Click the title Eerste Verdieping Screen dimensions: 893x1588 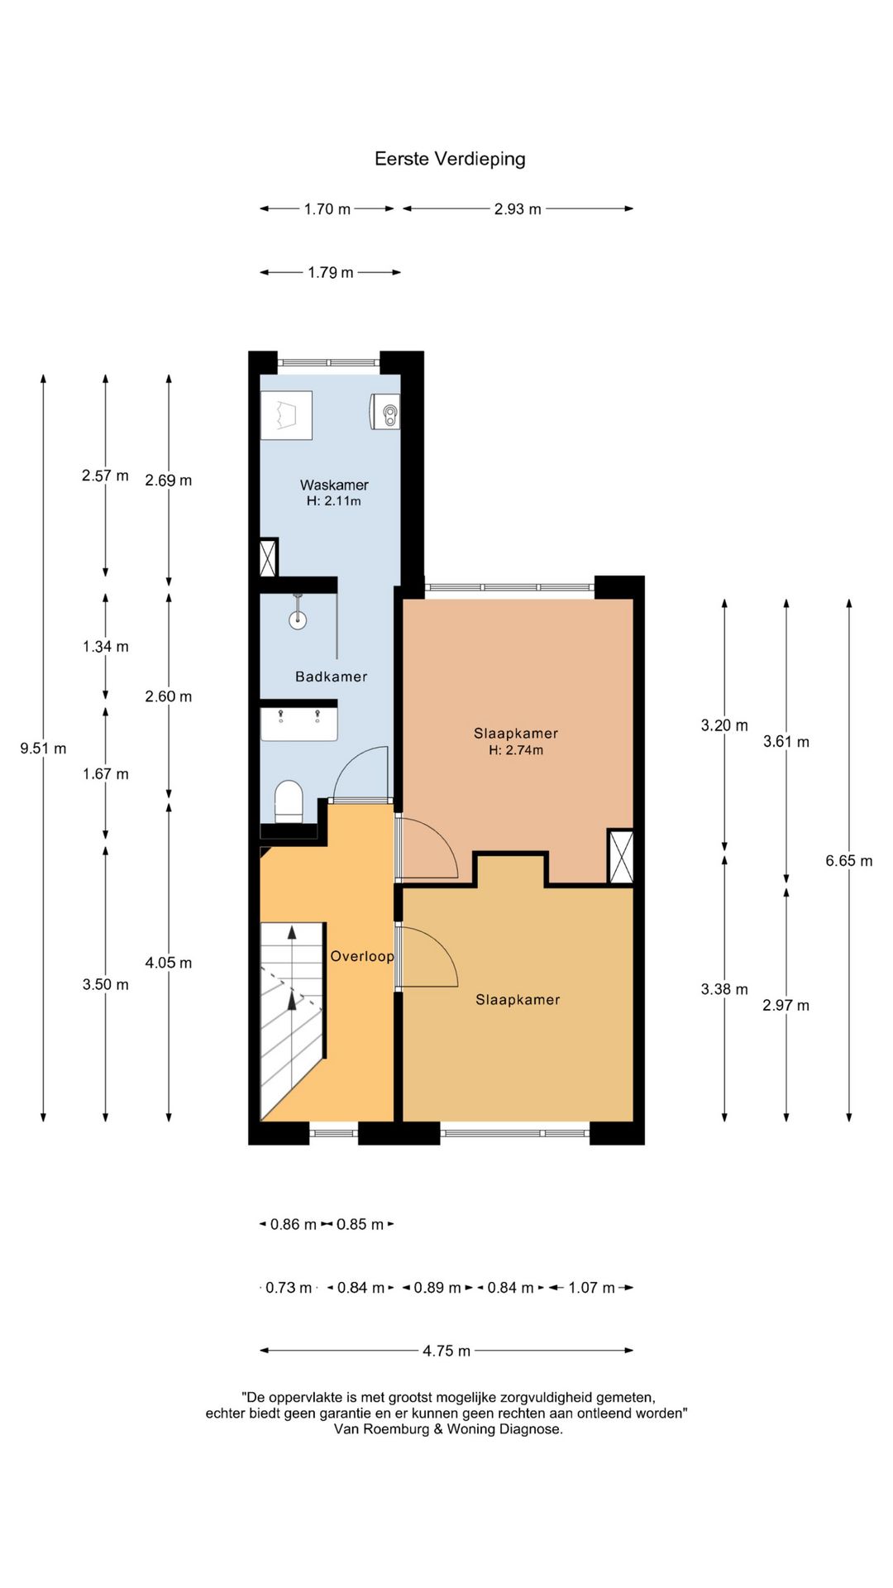coord(450,159)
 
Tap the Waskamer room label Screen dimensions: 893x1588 coord(334,485)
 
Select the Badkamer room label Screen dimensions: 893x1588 coord(331,677)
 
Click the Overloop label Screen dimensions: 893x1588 coord(362,956)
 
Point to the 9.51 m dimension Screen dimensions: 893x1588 coord(43,749)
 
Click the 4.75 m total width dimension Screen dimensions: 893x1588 coord(446,1351)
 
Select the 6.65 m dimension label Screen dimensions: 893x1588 coord(849,861)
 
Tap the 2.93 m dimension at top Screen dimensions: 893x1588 coord(518,209)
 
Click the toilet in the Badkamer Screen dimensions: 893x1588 coord(289,801)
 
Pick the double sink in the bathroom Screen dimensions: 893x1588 coord(299,722)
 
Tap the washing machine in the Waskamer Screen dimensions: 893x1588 coord(286,415)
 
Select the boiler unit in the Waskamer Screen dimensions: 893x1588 coord(384,411)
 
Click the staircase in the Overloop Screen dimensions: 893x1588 coord(292,1021)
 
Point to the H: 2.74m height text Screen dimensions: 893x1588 coord(516,750)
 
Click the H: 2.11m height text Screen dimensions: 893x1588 coord(334,500)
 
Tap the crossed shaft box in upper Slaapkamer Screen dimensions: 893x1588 coord(620,856)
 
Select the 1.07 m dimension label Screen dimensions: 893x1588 coord(592,1288)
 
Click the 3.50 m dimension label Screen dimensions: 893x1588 coord(106,984)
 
